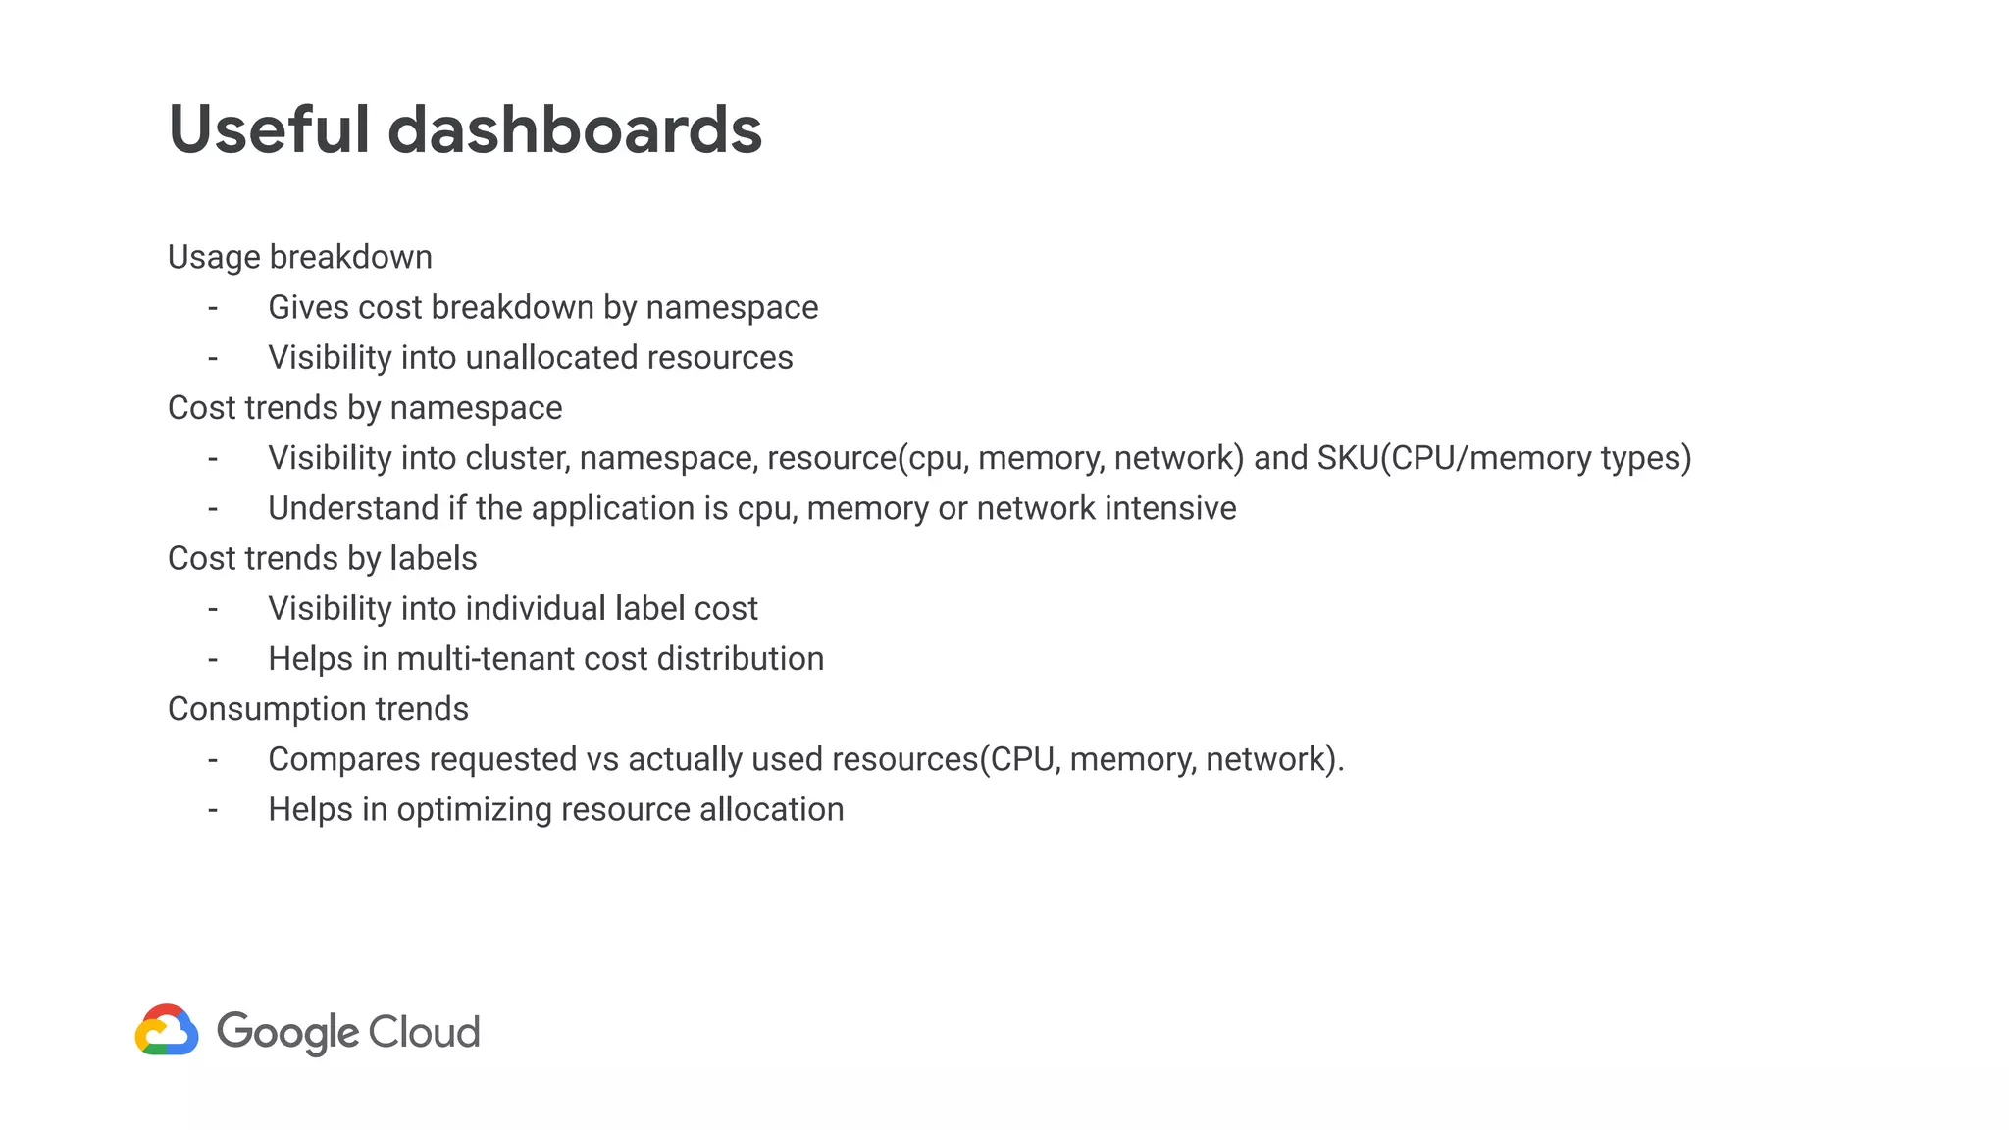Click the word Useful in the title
(x=268, y=129)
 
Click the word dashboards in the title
(x=575, y=129)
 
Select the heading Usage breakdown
(x=300, y=257)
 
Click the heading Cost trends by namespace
(x=365, y=408)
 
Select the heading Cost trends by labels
(x=322, y=558)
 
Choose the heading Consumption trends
(x=318, y=709)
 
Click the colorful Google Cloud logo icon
(x=167, y=1030)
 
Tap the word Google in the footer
(x=288, y=1032)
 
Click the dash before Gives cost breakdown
(x=213, y=308)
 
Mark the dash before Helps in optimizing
(x=213, y=810)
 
